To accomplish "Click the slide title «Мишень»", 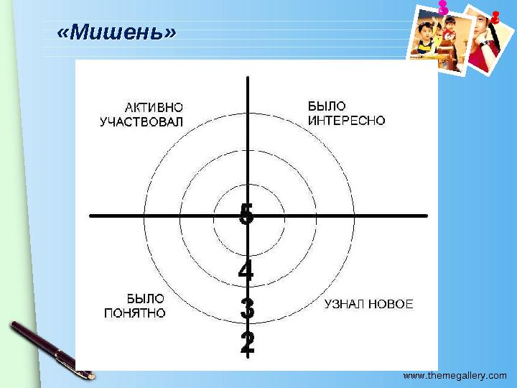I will coord(116,33).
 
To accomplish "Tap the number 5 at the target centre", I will coord(246,214).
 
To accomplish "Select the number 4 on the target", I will coord(246,272).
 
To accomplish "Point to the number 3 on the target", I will coord(247,310).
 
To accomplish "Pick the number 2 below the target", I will coord(247,343).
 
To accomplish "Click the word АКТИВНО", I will coord(154,108).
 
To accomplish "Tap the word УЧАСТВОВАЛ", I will coord(141,122).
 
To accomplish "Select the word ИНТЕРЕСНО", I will coord(347,121).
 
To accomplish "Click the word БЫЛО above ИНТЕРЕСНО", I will coord(327,106).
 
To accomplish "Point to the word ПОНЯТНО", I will coord(135,313).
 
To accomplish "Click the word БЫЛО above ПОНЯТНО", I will coord(146,298).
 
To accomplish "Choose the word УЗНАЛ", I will coord(344,304).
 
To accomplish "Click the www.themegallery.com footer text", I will coord(455,375).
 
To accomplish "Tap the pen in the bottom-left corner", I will coord(50,348).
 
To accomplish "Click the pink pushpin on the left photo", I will coord(442,7).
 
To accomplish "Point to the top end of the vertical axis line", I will coord(248,78).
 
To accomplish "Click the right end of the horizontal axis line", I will coord(427,216).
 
